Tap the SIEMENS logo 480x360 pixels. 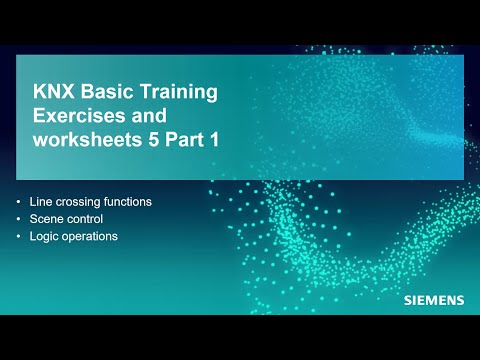tap(433, 300)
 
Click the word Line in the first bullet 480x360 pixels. tap(40, 201)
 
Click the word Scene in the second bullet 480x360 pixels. tap(46, 219)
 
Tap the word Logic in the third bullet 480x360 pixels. tap(45, 237)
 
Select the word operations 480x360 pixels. tap(90, 238)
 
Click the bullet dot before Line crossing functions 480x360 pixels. tap(19, 201)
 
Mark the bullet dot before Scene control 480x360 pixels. tap(19, 219)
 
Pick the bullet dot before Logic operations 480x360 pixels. tap(19, 237)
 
